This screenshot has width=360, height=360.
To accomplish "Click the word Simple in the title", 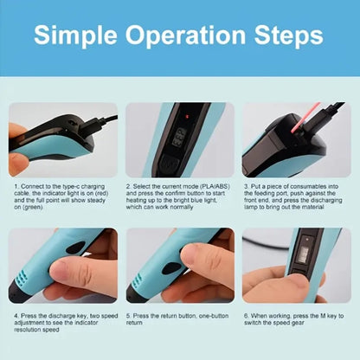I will click(84, 37).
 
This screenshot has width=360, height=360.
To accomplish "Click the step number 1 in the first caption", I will click(15, 185).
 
